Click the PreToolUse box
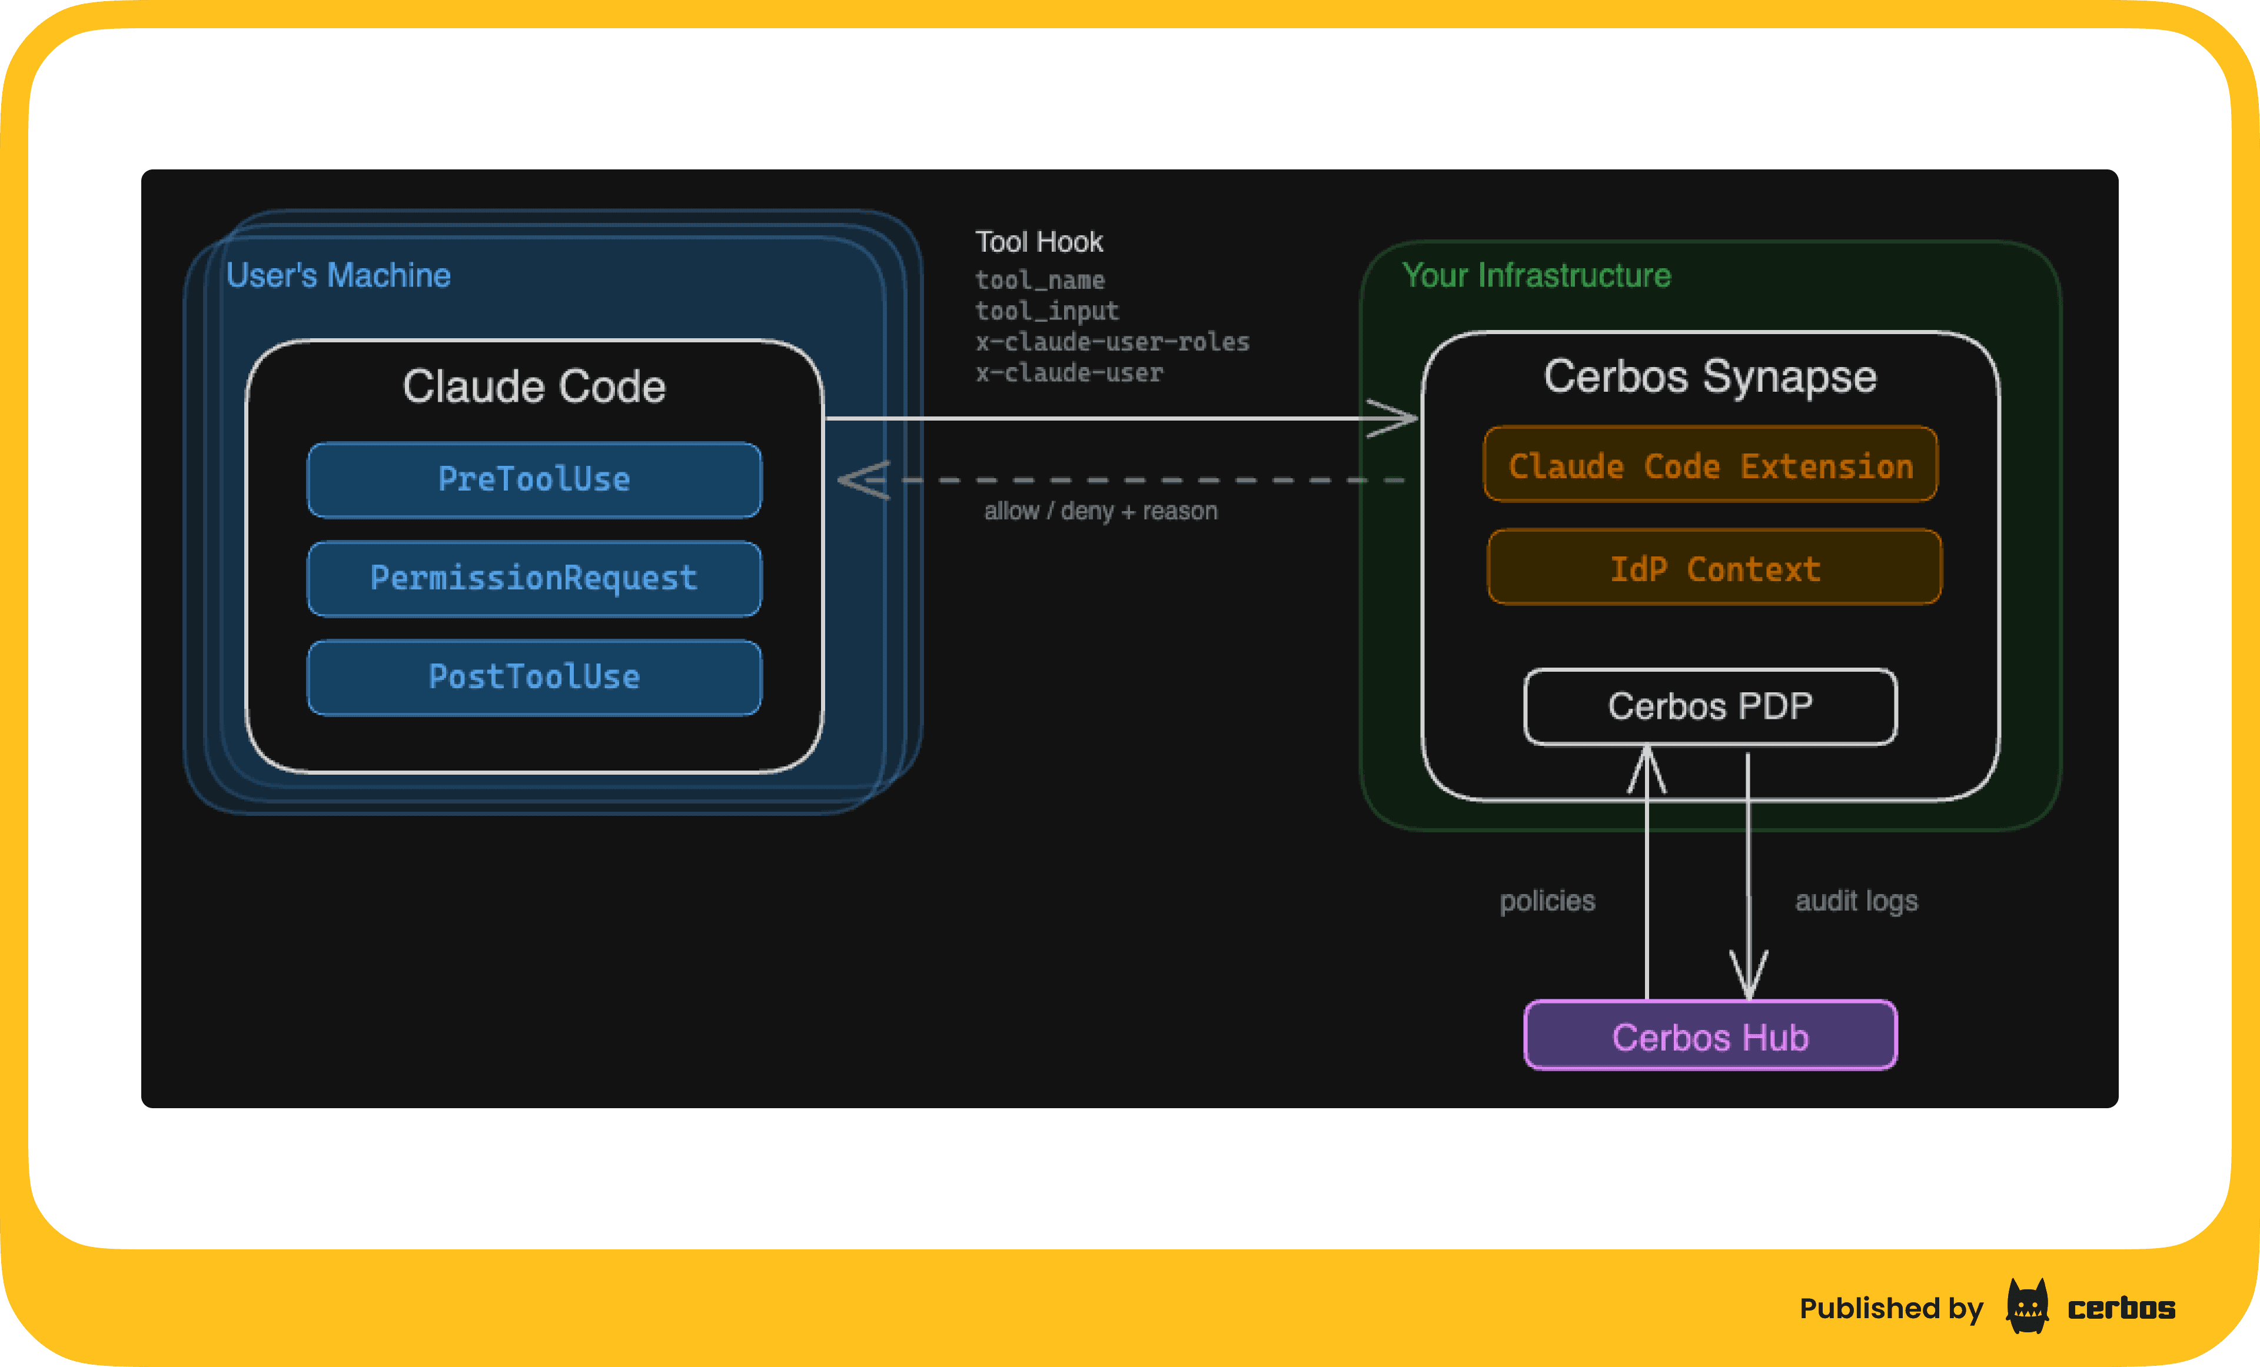(534, 479)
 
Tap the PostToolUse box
(534, 676)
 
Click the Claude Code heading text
(534, 386)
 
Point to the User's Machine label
(338, 275)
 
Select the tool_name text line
(1039, 279)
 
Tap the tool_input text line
(1046, 311)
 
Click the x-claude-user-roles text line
(1112, 342)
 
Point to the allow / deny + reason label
(1100, 511)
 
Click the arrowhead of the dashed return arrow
(862, 479)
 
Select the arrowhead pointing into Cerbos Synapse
(1394, 418)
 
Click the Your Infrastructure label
(1536, 275)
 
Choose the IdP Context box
(1714, 568)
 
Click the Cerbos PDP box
(1710, 706)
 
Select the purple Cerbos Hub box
(1710, 1036)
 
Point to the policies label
(1547, 901)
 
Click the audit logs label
(1856, 901)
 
